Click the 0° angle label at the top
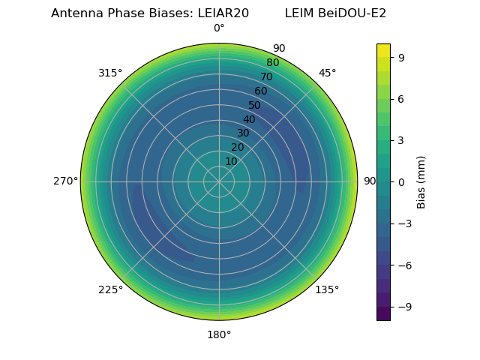(219, 28)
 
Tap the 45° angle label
(327, 73)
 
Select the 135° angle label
(327, 290)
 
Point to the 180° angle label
(219, 334)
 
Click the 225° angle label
(110, 290)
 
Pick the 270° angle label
(65, 181)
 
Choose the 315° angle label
(110, 73)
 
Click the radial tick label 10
(231, 161)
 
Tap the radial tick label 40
(249, 119)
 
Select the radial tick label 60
(260, 91)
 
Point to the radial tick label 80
(272, 63)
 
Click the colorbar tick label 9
(402, 57)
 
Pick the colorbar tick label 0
(402, 181)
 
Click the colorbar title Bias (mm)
(421, 181)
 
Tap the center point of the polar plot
(219, 181)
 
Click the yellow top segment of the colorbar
(383, 49)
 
